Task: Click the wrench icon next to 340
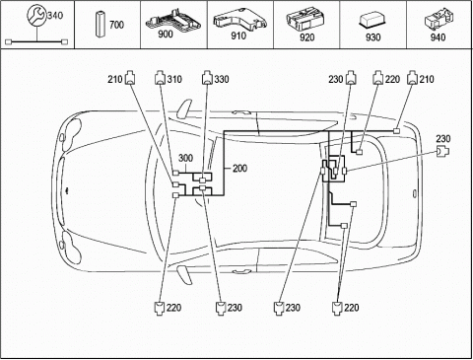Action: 36,15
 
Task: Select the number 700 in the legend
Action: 116,25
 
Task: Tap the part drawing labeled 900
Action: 173,21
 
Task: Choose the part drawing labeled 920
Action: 305,20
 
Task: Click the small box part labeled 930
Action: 373,21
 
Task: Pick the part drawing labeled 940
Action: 439,20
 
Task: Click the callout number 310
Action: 174,79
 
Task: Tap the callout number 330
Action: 222,79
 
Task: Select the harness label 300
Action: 185,158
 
